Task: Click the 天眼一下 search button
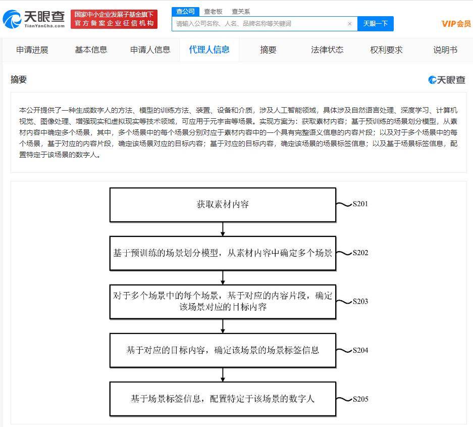(375, 24)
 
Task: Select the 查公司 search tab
(185, 12)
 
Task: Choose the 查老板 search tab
(213, 12)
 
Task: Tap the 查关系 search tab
(241, 12)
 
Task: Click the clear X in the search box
(350, 24)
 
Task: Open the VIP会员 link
(456, 24)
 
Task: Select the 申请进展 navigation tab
(32, 50)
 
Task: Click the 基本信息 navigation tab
(91, 50)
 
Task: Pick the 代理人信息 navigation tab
(209, 50)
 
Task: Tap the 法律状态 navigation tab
(327, 50)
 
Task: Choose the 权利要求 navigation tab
(386, 50)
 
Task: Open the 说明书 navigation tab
(445, 50)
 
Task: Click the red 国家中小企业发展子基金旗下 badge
(114, 19)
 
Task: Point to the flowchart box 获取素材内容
(223, 205)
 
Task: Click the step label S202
(360, 253)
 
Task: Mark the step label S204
(360, 350)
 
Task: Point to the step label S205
(360, 399)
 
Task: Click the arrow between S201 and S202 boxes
(223, 229)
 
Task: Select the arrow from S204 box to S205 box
(223, 375)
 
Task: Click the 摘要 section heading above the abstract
(19, 79)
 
